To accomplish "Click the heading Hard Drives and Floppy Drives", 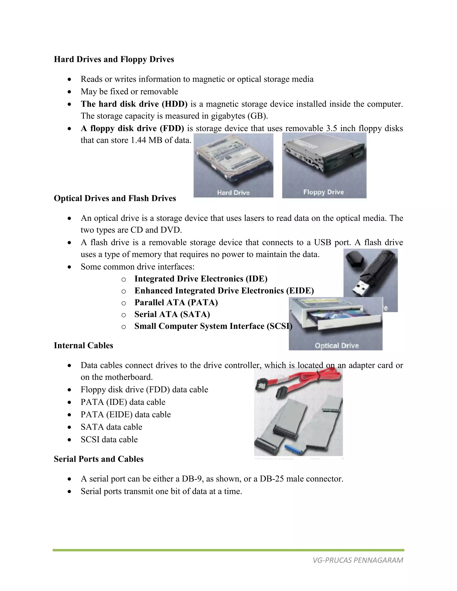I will [x=114, y=59].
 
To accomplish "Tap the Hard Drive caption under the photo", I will [x=233, y=192].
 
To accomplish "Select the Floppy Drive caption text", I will [x=324, y=192].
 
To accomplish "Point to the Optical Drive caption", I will [x=337, y=345].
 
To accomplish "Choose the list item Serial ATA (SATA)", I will [x=172, y=314].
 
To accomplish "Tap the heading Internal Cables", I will [x=83, y=345].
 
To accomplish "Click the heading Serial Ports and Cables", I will [x=99, y=459].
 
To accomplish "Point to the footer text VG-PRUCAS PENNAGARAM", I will [x=358, y=560].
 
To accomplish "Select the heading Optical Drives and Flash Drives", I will [x=115, y=198].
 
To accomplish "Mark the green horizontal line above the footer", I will [x=228, y=550].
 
